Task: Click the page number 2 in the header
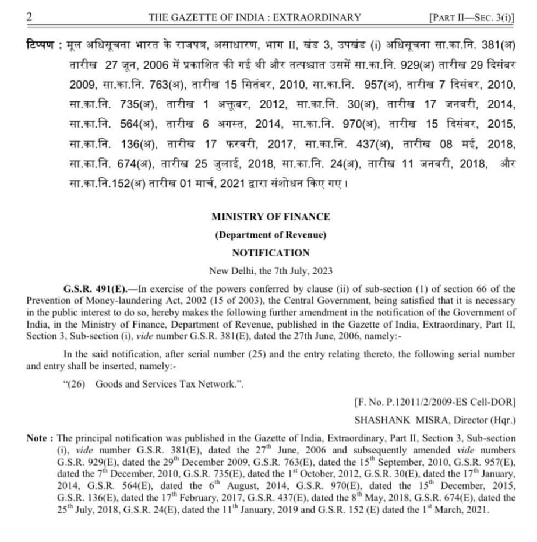[29, 17]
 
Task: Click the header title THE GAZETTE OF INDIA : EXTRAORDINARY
[255, 17]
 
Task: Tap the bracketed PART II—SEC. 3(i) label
[471, 17]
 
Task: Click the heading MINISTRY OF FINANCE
[270, 217]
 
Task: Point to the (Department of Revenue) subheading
[270, 235]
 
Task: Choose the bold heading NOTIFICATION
[270, 253]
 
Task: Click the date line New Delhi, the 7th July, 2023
[270, 271]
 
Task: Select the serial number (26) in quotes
[75, 384]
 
